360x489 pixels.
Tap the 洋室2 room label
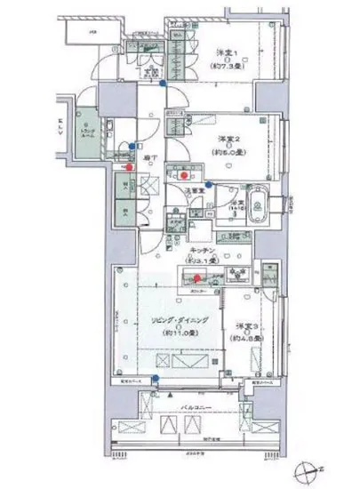(x=233, y=138)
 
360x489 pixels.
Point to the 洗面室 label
(x=194, y=190)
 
